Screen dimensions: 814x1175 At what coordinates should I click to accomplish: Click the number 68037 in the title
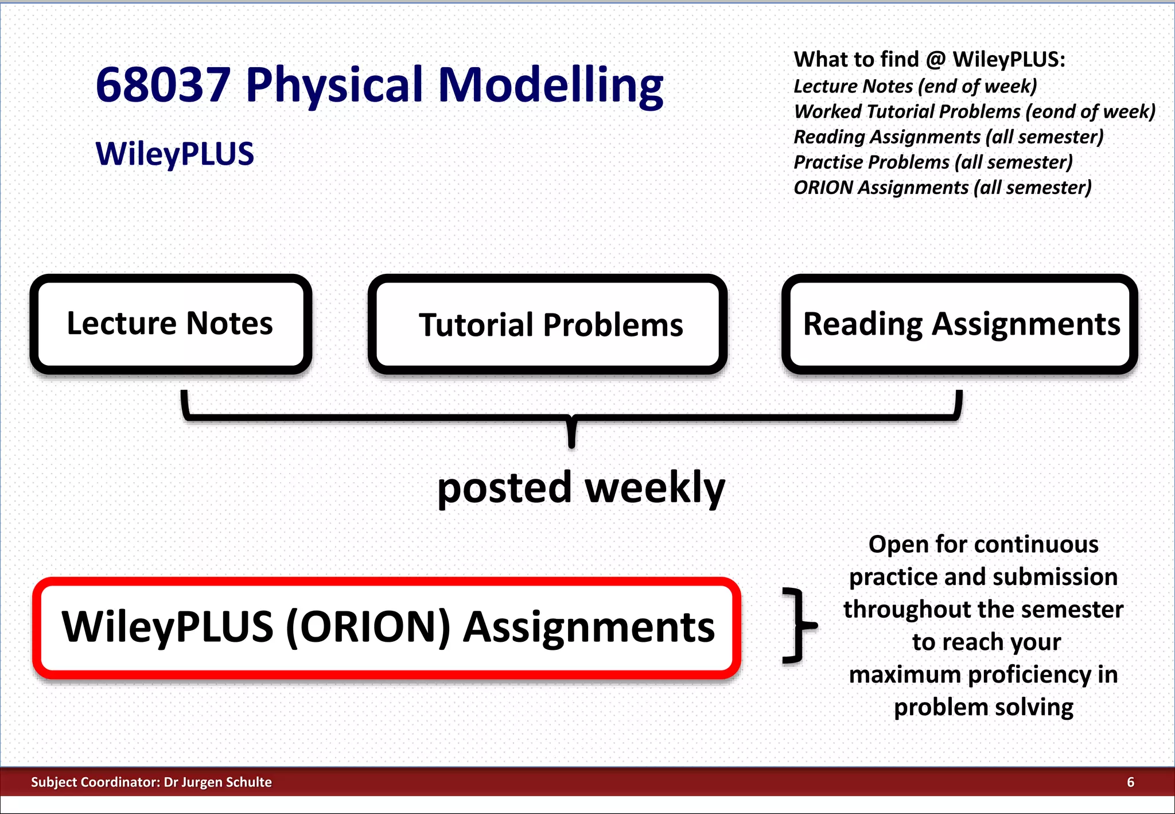pyautogui.click(x=163, y=85)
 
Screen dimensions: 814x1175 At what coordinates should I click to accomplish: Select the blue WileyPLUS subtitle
pyautogui.click(x=174, y=154)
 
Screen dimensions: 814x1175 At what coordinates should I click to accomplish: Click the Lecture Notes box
pyautogui.click(x=170, y=324)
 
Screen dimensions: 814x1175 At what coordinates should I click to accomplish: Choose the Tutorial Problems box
pyautogui.click(x=548, y=325)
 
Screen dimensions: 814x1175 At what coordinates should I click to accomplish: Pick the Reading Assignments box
pyautogui.click(x=960, y=324)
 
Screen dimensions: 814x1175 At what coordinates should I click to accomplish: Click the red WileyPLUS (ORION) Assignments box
pyautogui.click(x=387, y=627)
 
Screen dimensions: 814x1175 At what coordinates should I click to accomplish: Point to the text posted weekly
pyautogui.click(x=581, y=488)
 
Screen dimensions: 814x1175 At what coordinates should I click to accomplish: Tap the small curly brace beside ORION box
pyautogui.click(x=799, y=625)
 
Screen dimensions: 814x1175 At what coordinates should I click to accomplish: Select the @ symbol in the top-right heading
pyautogui.click(x=936, y=60)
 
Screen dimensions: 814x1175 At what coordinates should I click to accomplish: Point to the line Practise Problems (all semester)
pyautogui.click(x=933, y=162)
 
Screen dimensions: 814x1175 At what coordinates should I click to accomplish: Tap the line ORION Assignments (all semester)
pyautogui.click(x=942, y=188)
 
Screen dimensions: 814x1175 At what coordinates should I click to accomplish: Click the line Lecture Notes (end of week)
pyautogui.click(x=915, y=86)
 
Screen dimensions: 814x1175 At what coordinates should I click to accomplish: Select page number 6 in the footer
pyautogui.click(x=1130, y=782)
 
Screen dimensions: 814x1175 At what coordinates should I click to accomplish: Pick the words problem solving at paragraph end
pyautogui.click(x=983, y=707)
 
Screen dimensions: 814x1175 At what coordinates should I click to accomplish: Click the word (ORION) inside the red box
pyautogui.click(x=368, y=627)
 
